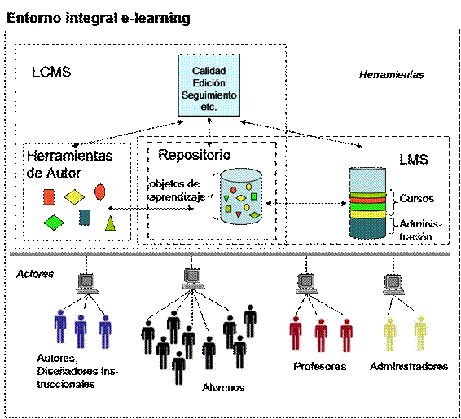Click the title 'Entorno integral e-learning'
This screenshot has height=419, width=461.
pyautogui.click(x=99, y=18)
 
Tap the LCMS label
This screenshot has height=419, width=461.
pyautogui.click(x=51, y=72)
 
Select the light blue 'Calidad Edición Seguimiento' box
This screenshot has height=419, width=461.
pyautogui.click(x=209, y=86)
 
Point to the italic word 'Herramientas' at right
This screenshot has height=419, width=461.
pyautogui.click(x=391, y=75)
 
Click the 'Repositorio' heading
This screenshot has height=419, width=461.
pyautogui.click(x=195, y=155)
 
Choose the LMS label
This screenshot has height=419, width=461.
pyautogui.click(x=414, y=160)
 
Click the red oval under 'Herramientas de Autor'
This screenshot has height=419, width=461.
pyautogui.click(x=100, y=192)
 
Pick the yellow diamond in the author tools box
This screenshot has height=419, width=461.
pyautogui.click(x=74, y=196)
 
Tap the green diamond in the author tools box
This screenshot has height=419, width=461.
pyautogui.click(x=54, y=223)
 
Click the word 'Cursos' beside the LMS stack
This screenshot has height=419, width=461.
pyautogui.click(x=416, y=199)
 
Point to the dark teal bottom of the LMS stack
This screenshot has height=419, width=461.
pyautogui.click(x=367, y=227)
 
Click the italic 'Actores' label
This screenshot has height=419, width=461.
pyautogui.click(x=35, y=274)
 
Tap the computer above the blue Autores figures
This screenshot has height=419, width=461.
pyautogui.click(x=86, y=284)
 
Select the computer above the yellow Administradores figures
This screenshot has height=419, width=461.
pyautogui.click(x=393, y=284)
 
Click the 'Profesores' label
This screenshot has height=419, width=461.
pyautogui.click(x=320, y=366)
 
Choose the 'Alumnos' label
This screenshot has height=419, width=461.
pyautogui.click(x=223, y=387)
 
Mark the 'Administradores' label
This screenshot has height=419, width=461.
pyautogui.click(x=409, y=366)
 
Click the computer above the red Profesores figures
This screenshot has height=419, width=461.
pyautogui.click(x=306, y=284)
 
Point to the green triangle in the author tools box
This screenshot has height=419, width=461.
pyautogui.click(x=110, y=223)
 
